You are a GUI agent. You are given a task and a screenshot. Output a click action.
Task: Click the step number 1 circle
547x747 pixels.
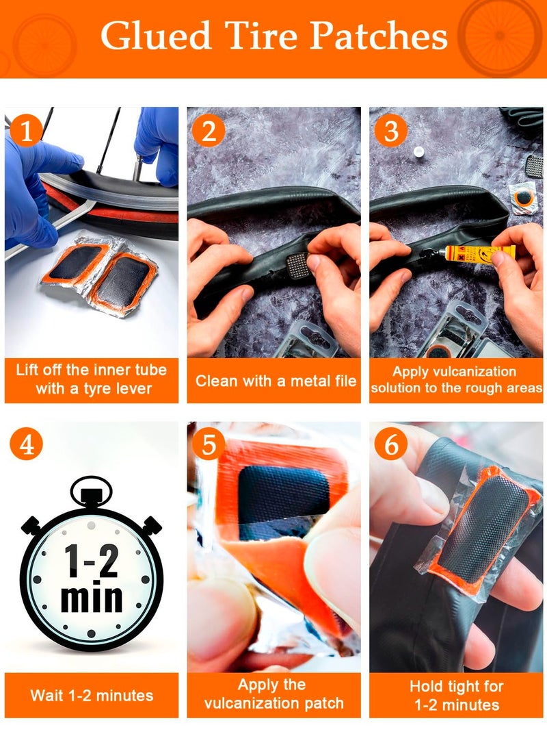(x=26, y=130)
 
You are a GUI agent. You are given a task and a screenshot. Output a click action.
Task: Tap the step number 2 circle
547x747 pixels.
(x=209, y=130)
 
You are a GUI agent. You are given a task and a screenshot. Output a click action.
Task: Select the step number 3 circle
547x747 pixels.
(x=391, y=130)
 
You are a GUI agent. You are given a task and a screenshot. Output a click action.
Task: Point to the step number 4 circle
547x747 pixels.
(x=26, y=444)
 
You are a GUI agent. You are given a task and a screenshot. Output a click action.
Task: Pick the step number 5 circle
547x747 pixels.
(x=209, y=444)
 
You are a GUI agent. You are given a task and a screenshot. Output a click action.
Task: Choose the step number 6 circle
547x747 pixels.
(x=391, y=444)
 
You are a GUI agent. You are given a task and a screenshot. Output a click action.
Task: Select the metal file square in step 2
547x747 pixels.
(x=299, y=265)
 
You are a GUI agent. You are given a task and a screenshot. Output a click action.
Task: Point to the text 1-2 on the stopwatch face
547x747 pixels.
(x=92, y=561)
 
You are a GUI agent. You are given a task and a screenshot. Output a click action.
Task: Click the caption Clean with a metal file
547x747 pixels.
(x=276, y=381)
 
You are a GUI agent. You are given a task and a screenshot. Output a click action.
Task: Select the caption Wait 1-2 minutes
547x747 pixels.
(x=92, y=696)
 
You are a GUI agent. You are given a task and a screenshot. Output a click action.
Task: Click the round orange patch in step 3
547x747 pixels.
(x=523, y=197)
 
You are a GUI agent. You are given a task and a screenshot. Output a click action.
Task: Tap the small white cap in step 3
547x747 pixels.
(x=418, y=152)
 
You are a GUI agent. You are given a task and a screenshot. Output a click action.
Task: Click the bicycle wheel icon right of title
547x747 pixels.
(x=499, y=35)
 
